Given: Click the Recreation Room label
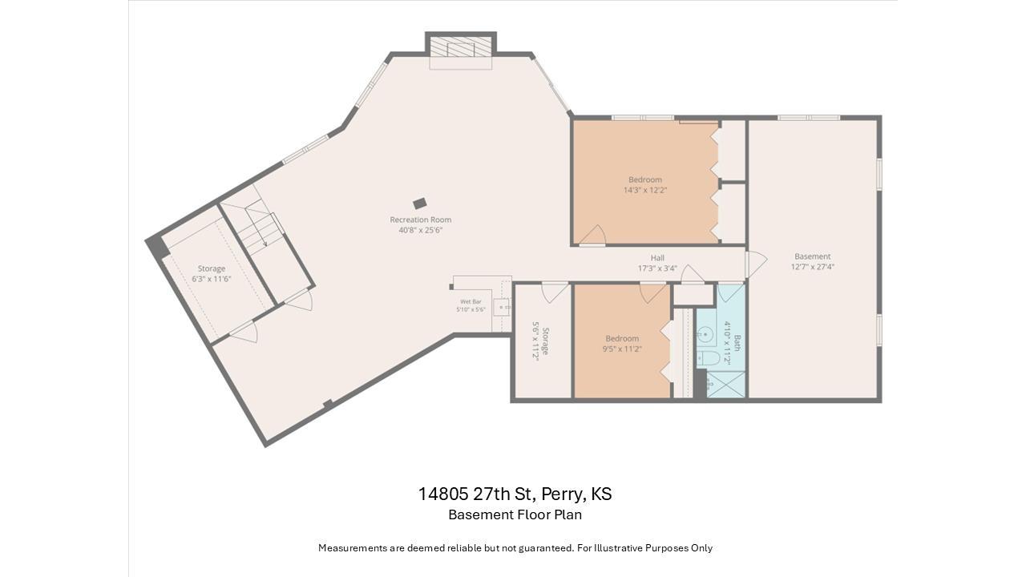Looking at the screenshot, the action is [x=421, y=220].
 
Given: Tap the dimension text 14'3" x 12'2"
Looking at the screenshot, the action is [x=645, y=190].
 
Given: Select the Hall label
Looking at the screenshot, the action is [x=657, y=258].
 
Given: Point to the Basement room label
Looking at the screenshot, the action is [x=812, y=256].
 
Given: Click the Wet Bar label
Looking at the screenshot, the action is [x=471, y=302].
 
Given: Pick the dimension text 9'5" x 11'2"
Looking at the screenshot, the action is [x=622, y=349].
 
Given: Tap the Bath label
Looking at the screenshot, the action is [x=737, y=343].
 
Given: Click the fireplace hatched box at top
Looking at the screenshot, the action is [x=461, y=46].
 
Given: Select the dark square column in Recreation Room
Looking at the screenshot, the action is [x=419, y=204].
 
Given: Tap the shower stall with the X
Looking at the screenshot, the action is [x=725, y=384].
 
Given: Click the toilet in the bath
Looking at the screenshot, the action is [x=707, y=358].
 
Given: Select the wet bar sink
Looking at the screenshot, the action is [x=503, y=307].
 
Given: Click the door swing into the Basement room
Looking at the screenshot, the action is [x=757, y=264].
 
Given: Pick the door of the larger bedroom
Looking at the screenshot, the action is [x=594, y=236].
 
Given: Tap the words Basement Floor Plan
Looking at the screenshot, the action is [x=515, y=514].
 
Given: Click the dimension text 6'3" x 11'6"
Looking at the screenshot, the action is [x=211, y=279].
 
